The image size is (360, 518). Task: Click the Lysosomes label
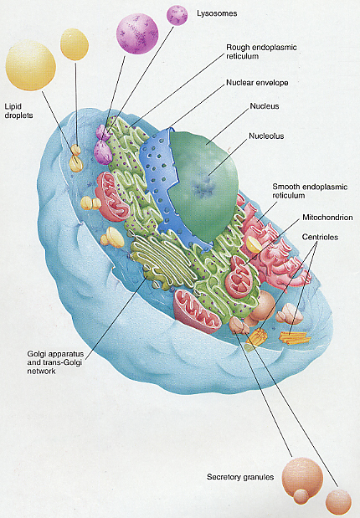[x=217, y=14]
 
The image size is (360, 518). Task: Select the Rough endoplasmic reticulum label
[x=261, y=52]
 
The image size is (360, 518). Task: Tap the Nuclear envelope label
[x=257, y=83]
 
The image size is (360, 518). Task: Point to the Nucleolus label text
[x=266, y=136]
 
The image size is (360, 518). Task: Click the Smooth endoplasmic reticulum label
[x=310, y=191]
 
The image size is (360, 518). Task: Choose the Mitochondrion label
[x=327, y=218]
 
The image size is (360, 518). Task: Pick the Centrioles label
[x=320, y=237]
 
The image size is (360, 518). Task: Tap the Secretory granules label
[x=240, y=477]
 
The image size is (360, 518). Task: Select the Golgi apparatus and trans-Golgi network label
[x=55, y=362]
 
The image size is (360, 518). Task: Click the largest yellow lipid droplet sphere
[x=30, y=65]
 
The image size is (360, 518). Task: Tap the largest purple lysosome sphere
[x=137, y=33]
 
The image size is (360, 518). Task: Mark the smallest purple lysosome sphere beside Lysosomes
[x=177, y=15]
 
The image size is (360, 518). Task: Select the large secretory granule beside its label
[x=302, y=477]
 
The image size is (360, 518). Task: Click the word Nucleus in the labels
[x=265, y=106]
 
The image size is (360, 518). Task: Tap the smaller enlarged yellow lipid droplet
[x=75, y=44]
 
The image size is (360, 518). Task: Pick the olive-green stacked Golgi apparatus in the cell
[x=163, y=261]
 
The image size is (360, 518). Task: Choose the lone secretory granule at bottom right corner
[x=338, y=502]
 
